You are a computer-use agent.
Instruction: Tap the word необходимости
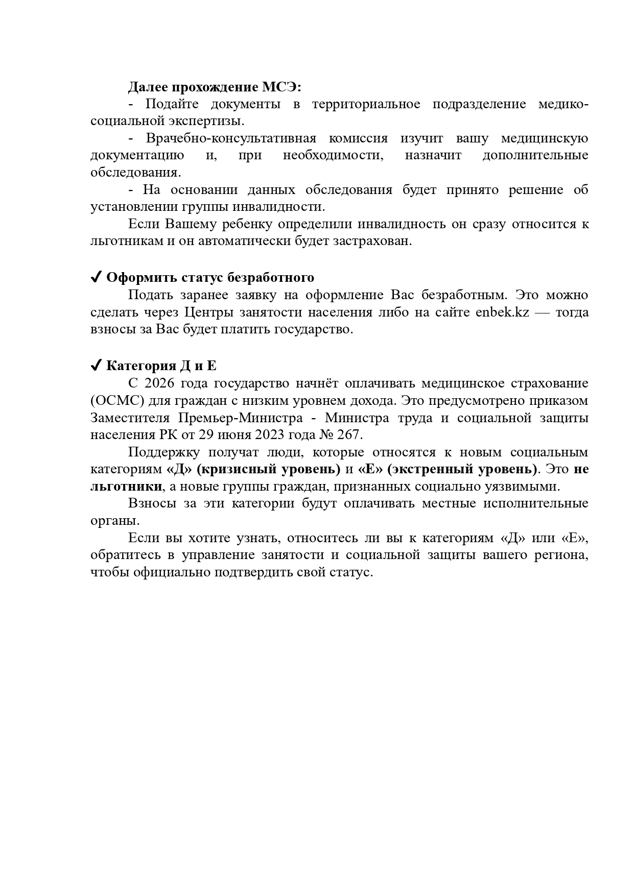click(332, 155)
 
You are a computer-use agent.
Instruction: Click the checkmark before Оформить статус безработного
click(95, 277)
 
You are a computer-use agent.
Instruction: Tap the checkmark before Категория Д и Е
click(95, 366)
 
